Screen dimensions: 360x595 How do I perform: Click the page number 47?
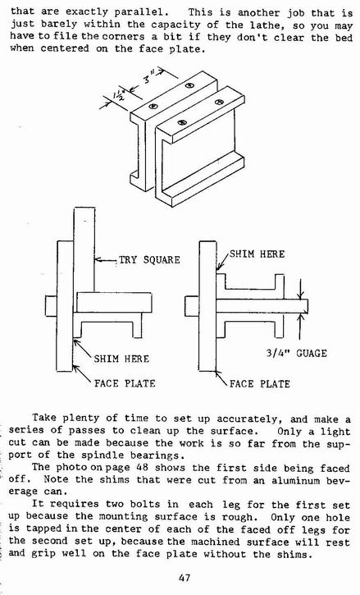[184, 579]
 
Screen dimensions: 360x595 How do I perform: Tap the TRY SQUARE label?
[149, 260]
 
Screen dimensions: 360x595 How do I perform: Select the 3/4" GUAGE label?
[296, 353]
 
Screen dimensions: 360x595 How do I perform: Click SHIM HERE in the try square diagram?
[121, 359]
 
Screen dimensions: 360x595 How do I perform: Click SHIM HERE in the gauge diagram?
[257, 254]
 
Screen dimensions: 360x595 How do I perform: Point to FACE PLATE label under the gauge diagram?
[259, 384]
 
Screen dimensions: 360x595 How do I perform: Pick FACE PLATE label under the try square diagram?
[125, 383]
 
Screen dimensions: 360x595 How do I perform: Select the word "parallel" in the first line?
[142, 11]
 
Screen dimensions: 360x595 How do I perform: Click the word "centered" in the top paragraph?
[65, 48]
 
